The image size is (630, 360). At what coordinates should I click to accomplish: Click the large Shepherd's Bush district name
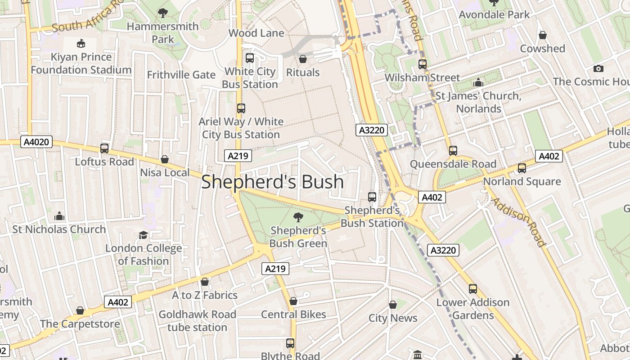tap(272, 182)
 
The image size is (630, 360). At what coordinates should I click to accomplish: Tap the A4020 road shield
tap(37, 142)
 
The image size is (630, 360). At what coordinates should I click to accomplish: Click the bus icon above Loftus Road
tap(104, 148)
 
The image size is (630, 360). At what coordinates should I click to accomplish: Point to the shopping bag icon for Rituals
tap(303, 59)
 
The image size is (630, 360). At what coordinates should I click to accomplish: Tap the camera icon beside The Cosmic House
tap(598, 68)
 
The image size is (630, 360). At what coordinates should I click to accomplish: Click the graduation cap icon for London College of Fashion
tap(143, 235)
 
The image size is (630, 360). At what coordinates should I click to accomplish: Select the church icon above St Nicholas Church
tap(59, 216)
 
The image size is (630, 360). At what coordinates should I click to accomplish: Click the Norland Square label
tap(522, 181)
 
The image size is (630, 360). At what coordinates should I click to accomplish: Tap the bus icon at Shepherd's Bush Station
tap(372, 197)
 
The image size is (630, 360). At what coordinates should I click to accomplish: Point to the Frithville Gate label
tap(181, 75)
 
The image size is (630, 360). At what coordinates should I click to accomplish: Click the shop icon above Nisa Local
tap(165, 159)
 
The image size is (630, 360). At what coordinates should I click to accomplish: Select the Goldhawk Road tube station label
tap(198, 320)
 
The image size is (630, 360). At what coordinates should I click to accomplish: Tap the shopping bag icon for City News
tap(393, 305)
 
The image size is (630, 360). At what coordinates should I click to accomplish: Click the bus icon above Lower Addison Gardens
tap(472, 289)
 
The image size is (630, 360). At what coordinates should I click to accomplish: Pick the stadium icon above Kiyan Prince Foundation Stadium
tap(81, 44)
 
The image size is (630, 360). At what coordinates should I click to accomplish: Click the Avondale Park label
tap(495, 14)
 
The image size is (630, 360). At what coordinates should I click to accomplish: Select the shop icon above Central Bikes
tap(293, 301)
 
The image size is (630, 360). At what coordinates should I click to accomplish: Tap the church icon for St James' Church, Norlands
tap(478, 83)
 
